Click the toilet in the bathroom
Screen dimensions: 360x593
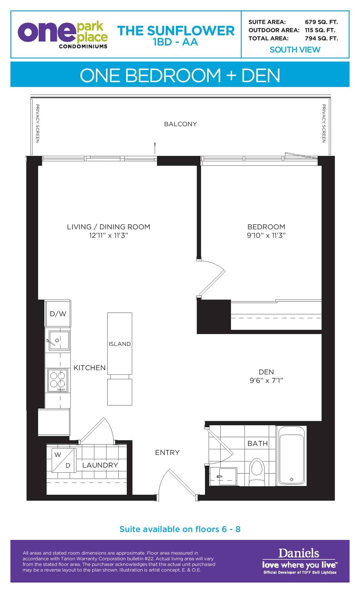coord(257,472)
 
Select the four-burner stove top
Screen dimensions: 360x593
coord(58,380)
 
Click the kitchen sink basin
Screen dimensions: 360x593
coord(59,341)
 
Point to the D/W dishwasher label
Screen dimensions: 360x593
coord(58,314)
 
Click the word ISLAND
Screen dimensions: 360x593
coord(120,344)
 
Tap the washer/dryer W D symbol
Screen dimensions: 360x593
coord(64,460)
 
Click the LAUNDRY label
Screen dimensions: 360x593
coord(100,465)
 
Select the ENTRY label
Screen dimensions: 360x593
coord(167,452)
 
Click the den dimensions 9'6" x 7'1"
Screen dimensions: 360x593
coord(266,380)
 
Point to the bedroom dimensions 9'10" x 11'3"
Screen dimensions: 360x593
coord(266,235)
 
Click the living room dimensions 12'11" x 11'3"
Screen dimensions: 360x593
coord(109,235)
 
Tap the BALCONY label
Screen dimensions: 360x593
coord(180,124)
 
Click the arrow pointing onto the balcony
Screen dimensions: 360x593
coord(155,148)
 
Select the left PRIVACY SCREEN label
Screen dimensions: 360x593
coord(37,123)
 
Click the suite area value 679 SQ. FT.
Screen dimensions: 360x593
coord(321,22)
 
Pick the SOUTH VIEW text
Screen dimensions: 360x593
coord(295,50)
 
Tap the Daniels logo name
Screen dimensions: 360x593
coord(299,553)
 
